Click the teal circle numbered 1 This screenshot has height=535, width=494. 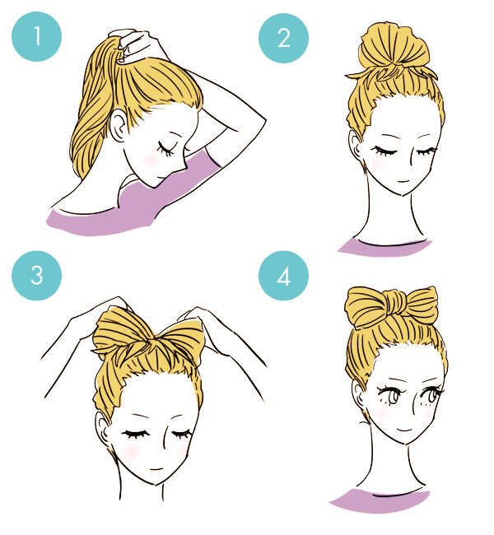click(36, 36)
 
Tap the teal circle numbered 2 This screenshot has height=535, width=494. click(283, 38)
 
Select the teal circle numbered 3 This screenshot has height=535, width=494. click(36, 276)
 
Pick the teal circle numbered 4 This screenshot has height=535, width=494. click(283, 276)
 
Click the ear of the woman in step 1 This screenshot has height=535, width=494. click(118, 126)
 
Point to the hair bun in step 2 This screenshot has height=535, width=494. click(394, 45)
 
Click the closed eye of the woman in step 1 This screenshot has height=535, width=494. click(167, 148)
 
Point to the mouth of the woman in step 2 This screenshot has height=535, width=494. click(403, 181)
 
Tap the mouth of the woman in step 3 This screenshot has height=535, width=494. click(156, 469)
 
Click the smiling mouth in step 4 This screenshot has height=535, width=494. click(404, 429)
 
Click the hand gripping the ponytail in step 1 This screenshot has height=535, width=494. click(138, 45)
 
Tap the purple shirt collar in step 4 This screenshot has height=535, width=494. click(380, 500)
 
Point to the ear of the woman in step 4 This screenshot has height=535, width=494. click(358, 396)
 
